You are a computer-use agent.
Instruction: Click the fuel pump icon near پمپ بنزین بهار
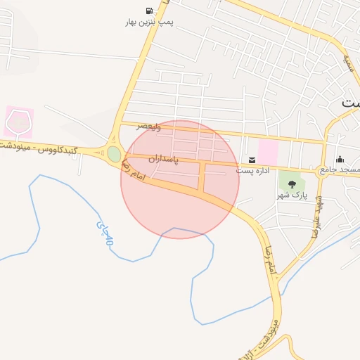149,11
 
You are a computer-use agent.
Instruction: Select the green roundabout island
114,153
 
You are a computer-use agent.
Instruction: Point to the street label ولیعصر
149,127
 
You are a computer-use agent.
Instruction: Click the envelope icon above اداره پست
251,160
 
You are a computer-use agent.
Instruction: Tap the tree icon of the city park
292,184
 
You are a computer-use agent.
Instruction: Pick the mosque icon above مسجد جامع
340,159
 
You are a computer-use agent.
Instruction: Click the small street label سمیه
347,65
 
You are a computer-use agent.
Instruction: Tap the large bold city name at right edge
350,103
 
